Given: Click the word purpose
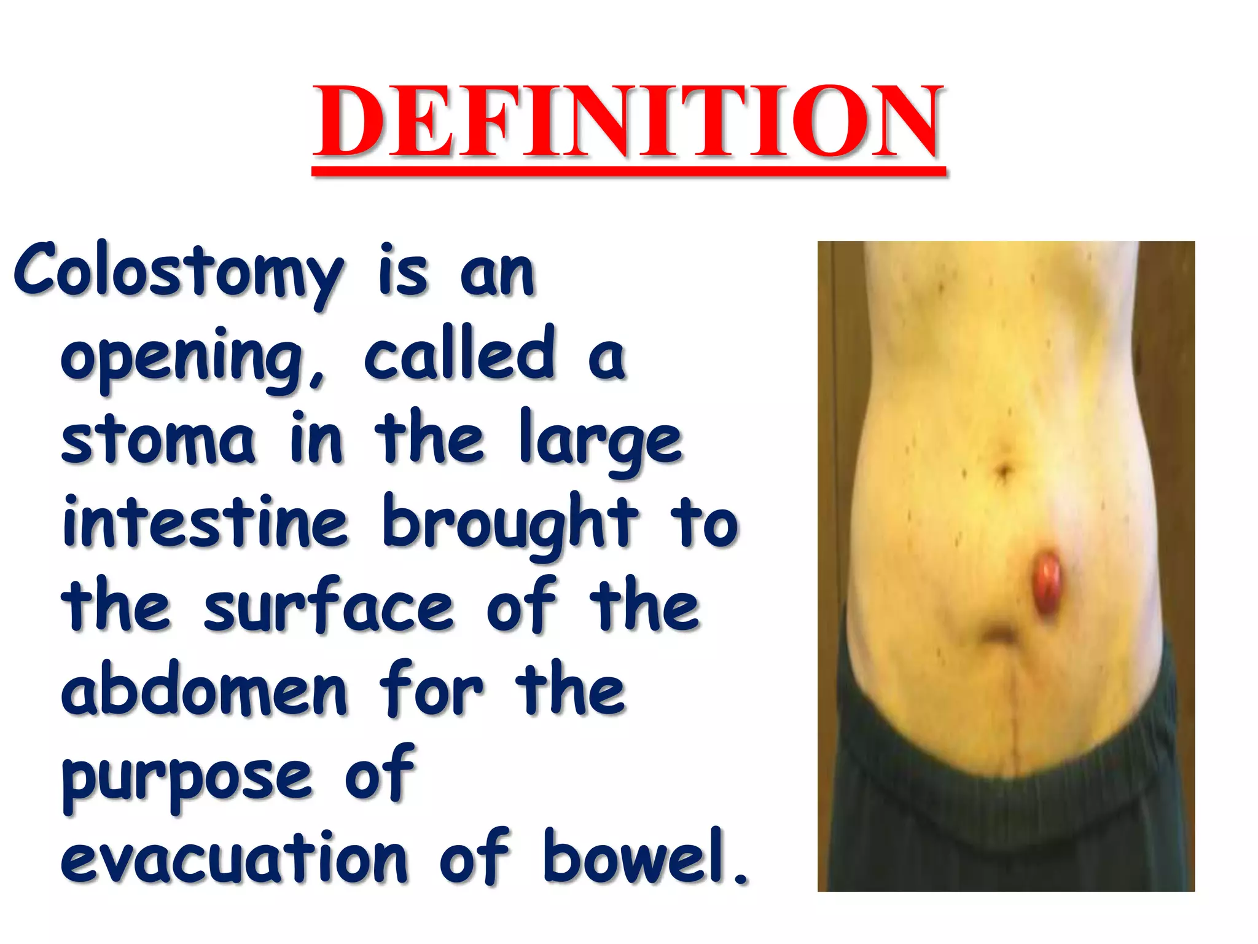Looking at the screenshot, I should [x=187, y=777].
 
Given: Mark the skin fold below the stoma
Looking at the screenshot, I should [x=998, y=633].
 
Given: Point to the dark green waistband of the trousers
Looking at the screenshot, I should [x=1007, y=799].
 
